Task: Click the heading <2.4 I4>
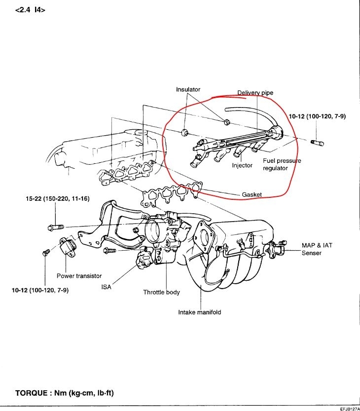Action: click(x=31, y=9)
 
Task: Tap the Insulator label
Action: click(x=188, y=89)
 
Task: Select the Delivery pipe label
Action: click(x=255, y=93)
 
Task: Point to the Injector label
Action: click(x=242, y=165)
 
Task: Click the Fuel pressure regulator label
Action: click(x=282, y=164)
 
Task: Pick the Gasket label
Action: click(x=252, y=194)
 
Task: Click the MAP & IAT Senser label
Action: click(x=319, y=249)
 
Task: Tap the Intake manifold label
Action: click(x=200, y=312)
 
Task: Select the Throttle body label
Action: click(x=162, y=292)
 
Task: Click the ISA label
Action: click(x=107, y=287)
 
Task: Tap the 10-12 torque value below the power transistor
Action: click(x=40, y=290)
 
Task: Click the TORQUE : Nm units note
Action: click(x=65, y=393)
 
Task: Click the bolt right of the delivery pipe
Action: click(x=317, y=143)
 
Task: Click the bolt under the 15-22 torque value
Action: click(x=55, y=227)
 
